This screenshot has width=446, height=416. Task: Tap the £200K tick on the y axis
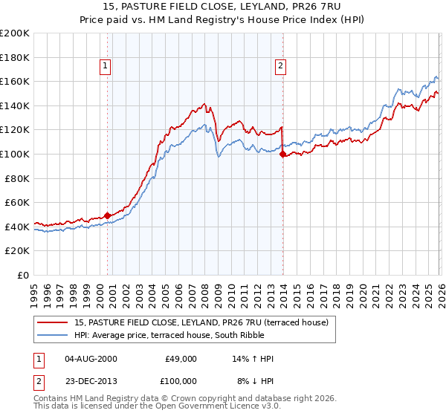(15, 33)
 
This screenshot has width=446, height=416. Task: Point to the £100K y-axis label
(15, 154)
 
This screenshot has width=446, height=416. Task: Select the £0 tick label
(22, 275)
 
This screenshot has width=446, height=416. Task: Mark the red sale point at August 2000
(107, 215)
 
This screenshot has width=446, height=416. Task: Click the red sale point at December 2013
(282, 154)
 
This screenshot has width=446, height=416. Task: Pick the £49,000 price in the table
(181, 359)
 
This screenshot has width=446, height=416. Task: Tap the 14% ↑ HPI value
(253, 359)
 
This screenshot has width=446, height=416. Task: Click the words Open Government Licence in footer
(219, 407)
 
